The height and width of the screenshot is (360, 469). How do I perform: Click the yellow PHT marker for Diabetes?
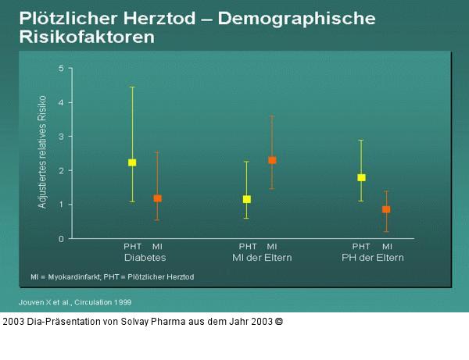(x=132, y=162)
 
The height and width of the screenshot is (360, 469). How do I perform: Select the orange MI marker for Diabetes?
(x=157, y=198)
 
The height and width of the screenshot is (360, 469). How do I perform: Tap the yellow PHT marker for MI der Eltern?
(x=247, y=199)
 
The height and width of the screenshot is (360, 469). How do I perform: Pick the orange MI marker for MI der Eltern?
(x=272, y=160)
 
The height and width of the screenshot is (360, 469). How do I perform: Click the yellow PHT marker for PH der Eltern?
(x=361, y=177)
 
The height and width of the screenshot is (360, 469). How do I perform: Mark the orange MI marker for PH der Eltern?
(x=386, y=209)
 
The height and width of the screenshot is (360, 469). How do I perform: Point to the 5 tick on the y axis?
(x=62, y=69)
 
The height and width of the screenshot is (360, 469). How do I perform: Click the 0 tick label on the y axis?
(x=62, y=239)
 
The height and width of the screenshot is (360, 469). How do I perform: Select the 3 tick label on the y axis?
(x=62, y=137)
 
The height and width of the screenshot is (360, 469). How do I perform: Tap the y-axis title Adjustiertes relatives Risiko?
(x=43, y=151)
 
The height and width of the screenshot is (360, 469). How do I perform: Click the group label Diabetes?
(x=145, y=257)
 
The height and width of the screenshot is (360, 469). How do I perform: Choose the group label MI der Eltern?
(x=260, y=257)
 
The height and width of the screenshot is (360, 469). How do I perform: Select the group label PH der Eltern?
(x=373, y=257)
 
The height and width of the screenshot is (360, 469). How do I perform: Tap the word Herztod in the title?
(x=174, y=17)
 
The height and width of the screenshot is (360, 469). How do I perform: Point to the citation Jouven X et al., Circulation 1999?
(x=75, y=301)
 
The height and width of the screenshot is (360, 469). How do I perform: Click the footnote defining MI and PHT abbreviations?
(x=112, y=276)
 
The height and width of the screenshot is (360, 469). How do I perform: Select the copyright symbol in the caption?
(x=278, y=321)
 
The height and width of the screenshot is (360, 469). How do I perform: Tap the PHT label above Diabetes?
(x=132, y=247)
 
